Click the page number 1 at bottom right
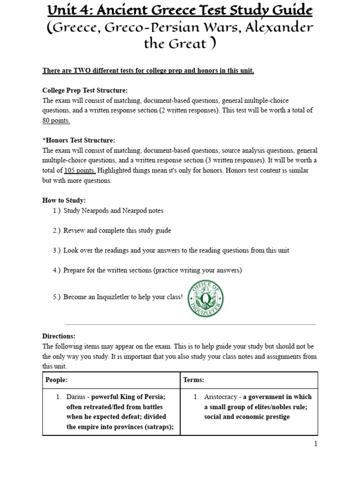[x=315, y=444]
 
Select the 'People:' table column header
[x=56, y=380]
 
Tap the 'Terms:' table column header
[x=194, y=380]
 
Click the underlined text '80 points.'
[x=56, y=120]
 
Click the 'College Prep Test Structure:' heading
[x=85, y=90]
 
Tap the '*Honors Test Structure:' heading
[x=78, y=140]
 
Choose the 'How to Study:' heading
[x=64, y=200]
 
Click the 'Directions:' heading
[x=59, y=336]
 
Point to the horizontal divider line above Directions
[x=190, y=324]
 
